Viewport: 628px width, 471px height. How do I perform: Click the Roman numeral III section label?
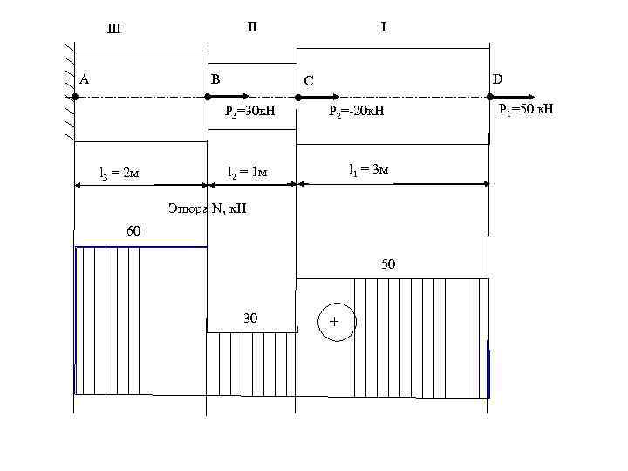[x=113, y=28]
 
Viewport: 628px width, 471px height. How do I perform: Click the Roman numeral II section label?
[x=252, y=26]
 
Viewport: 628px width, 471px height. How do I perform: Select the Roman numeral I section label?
[x=383, y=27]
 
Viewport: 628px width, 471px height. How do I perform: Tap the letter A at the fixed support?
[x=85, y=79]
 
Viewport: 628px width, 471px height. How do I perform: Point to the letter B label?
[x=215, y=79]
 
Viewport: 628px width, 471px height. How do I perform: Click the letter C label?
[x=307, y=82]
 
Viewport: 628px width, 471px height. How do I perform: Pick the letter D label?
[x=497, y=79]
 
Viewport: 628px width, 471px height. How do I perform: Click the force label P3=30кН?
[x=249, y=111]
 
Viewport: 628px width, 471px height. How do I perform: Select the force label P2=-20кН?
[x=356, y=111]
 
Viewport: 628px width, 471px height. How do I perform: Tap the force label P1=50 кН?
[x=526, y=109]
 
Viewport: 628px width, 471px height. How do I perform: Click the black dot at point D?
[x=489, y=98]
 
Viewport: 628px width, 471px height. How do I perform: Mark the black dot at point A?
[x=75, y=98]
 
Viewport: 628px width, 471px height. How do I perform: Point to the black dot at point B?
[x=208, y=98]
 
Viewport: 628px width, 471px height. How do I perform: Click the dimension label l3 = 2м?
[x=119, y=174]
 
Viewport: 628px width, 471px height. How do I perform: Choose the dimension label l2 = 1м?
[x=248, y=173]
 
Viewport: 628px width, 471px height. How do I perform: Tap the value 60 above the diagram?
[x=134, y=231]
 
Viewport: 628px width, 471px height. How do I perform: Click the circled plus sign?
[x=335, y=323]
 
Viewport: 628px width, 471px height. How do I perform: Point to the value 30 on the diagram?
[x=250, y=318]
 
